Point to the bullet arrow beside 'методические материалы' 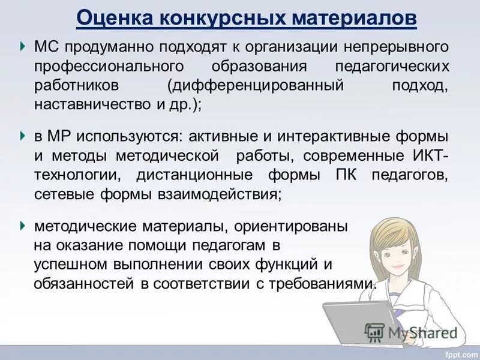[22, 226]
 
